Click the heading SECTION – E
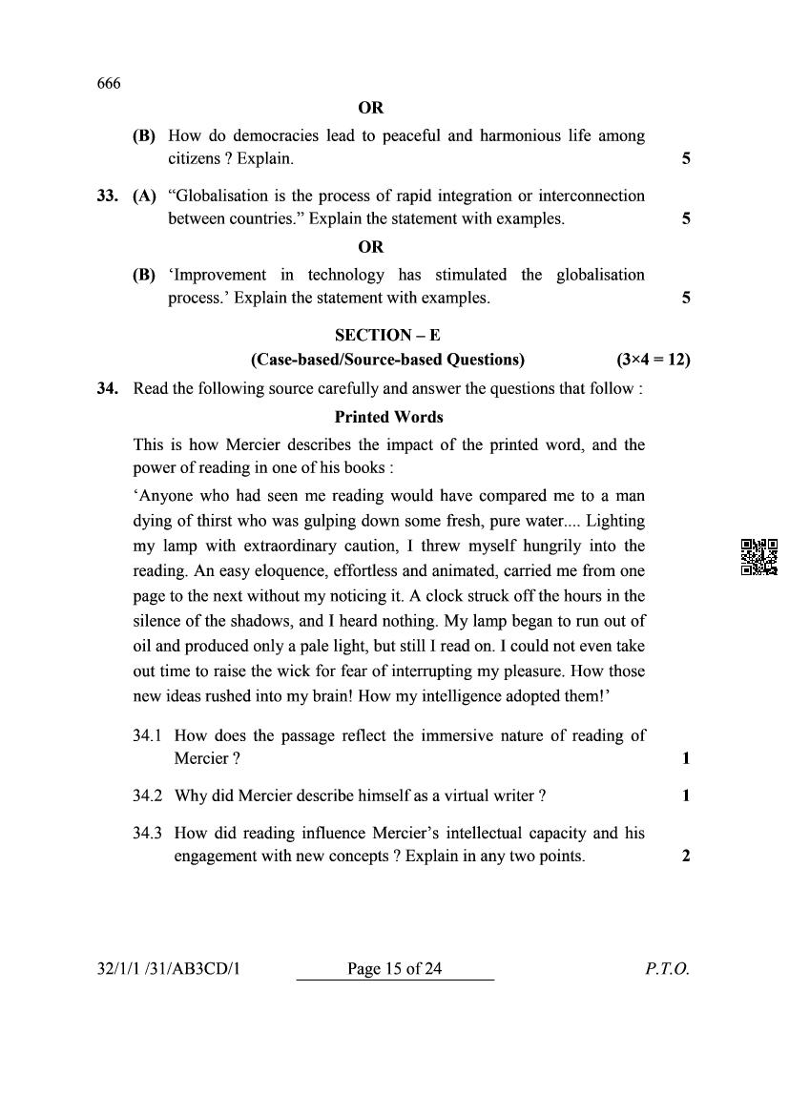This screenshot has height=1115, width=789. pyautogui.click(x=387, y=335)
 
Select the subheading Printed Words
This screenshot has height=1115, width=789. pyautogui.click(x=388, y=417)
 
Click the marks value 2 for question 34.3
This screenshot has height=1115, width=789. pyautogui.click(x=686, y=856)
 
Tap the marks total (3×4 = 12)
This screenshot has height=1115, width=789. pyautogui.click(x=654, y=360)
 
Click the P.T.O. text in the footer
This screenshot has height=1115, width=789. pyautogui.click(x=666, y=969)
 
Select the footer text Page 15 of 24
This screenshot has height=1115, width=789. pyautogui.click(x=395, y=969)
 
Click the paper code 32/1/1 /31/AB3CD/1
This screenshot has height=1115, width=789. pyautogui.click(x=171, y=969)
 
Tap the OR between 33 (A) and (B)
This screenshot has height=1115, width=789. pyautogui.click(x=371, y=247)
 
